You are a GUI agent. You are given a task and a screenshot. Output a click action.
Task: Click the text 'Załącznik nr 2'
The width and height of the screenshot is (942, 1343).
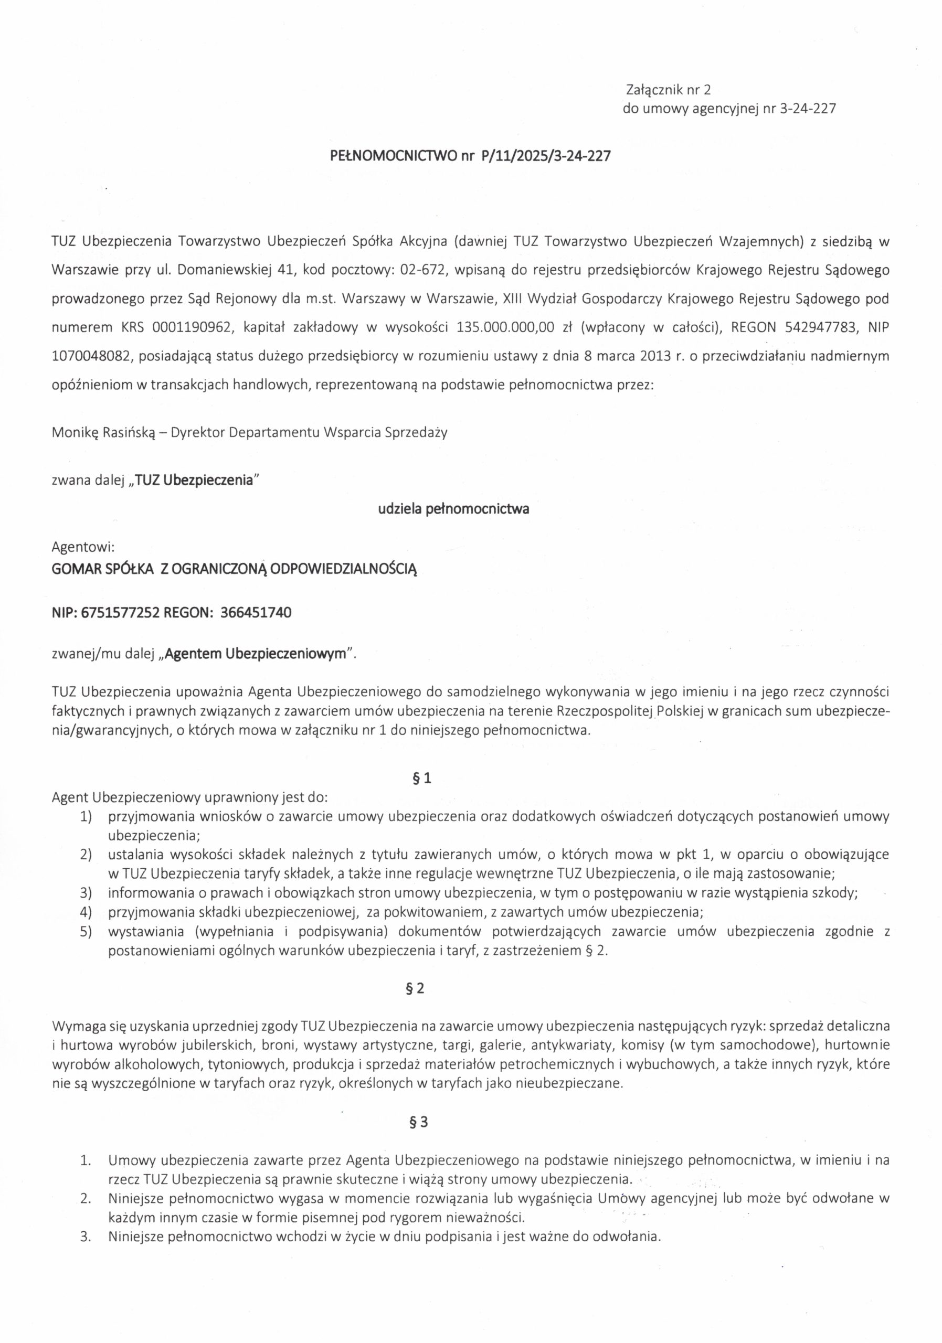(668, 90)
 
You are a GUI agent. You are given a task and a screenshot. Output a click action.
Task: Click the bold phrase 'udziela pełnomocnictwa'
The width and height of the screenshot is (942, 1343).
(453, 509)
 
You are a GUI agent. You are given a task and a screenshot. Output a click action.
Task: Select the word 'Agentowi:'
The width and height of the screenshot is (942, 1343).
(82, 548)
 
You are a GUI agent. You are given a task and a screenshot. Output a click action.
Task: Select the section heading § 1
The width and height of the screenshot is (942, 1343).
(422, 779)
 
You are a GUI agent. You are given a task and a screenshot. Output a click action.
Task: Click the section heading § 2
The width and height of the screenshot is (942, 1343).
(415, 988)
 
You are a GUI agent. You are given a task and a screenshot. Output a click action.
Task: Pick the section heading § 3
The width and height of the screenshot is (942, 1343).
(419, 1123)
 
